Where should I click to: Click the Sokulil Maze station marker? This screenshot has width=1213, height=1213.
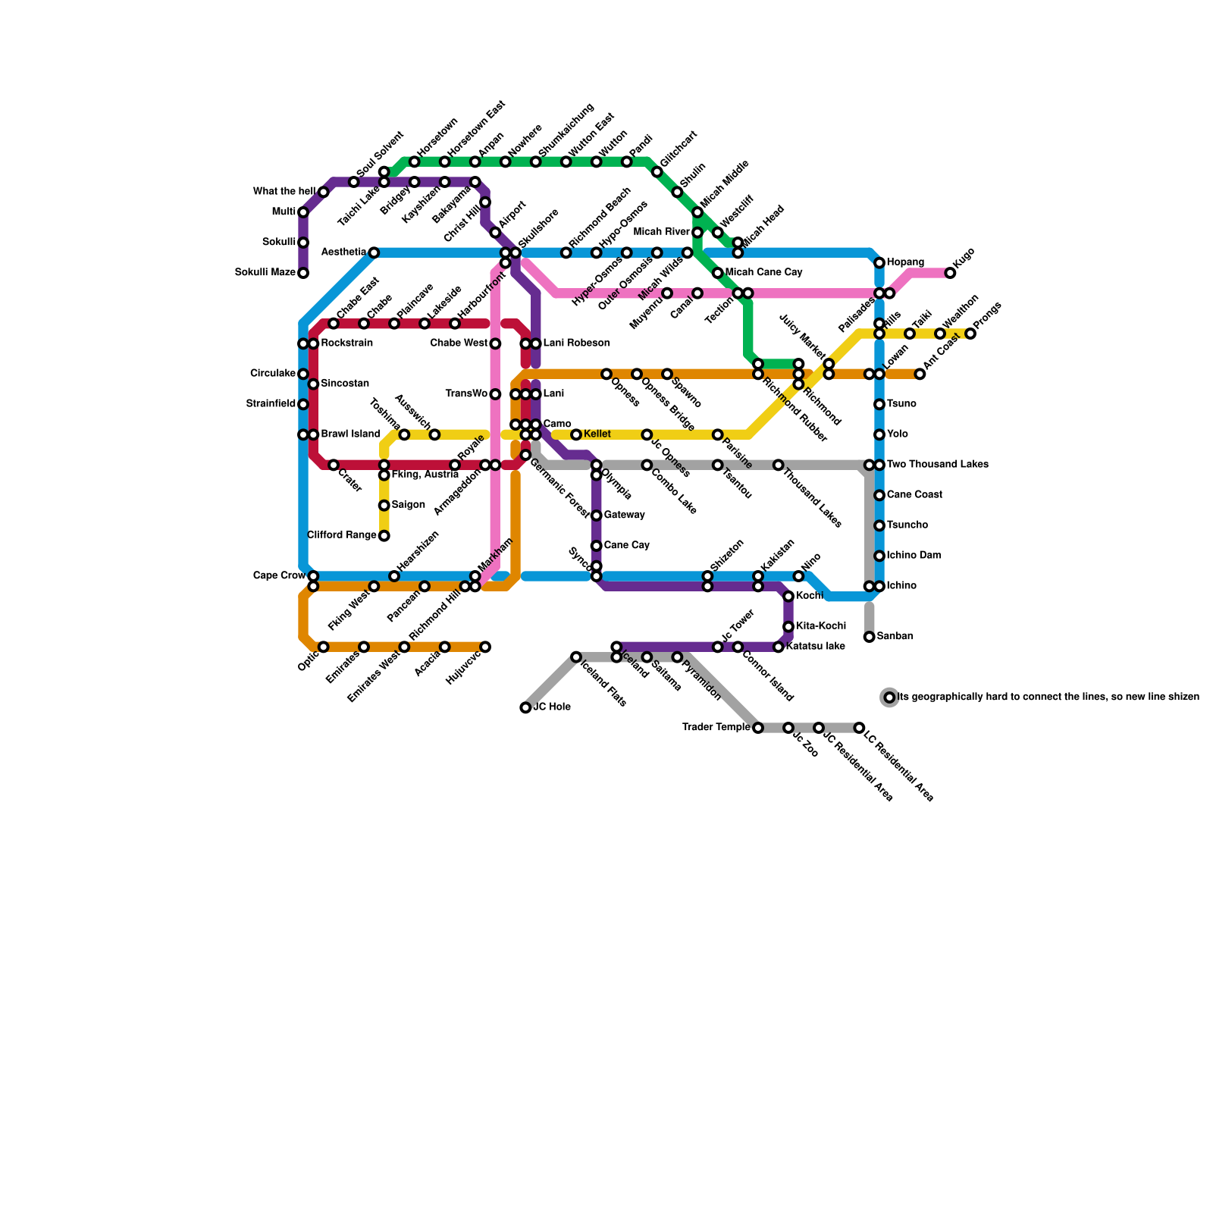pyautogui.click(x=303, y=273)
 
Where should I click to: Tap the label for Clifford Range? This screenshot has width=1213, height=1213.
pyautogui.click(x=342, y=535)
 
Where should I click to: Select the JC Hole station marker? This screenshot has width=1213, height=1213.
pyautogui.click(x=525, y=707)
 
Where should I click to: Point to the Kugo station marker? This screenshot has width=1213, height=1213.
pyautogui.click(x=950, y=273)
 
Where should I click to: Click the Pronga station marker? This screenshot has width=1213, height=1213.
pyautogui.click(x=970, y=334)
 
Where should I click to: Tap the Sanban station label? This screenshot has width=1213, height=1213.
pyautogui.click(x=895, y=637)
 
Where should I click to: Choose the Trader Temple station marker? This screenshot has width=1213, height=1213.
pyautogui.click(x=758, y=728)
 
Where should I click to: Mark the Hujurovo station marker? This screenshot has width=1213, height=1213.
pyautogui.click(x=485, y=647)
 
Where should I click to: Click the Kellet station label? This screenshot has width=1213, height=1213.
pyautogui.click(x=597, y=434)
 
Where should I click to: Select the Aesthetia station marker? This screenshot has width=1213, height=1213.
pyautogui.click(x=374, y=252)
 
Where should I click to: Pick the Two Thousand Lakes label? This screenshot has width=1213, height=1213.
pyautogui.click(x=937, y=465)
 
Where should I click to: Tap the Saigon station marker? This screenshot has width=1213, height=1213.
pyautogui.click(x=384, y=506)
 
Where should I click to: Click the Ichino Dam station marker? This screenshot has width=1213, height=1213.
pyautogui.click(x=879, y=556)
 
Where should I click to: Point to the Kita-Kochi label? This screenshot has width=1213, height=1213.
pyautogui.click(x=821, y=626)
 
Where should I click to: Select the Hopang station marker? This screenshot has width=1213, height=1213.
pyautogui.click(x=879, y=263)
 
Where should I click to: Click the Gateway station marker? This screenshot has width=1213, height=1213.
pyautogui.click(x=597, y=516)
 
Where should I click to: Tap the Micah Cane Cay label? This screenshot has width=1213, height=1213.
pyautogui.click(x=763, y=272)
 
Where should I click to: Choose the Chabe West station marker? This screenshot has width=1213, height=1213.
pyautogui.click(x=495, y=343)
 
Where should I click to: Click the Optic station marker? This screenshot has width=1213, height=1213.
pyautogui.click(x=324, y=647)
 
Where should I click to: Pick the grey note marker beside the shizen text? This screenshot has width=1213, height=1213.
pyautogui.click(x=889, y=697)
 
